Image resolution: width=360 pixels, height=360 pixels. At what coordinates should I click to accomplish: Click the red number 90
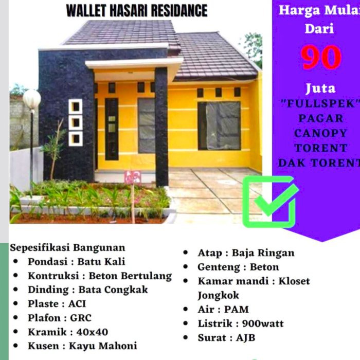tap(321, 58)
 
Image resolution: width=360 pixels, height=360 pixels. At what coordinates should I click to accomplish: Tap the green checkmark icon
tap(271, 202)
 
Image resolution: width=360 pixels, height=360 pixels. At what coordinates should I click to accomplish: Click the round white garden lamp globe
tap(31, 99)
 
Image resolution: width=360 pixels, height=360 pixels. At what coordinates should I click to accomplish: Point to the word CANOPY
tap(320, 133)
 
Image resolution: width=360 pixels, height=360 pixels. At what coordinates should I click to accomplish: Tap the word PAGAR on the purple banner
tap(320, 118)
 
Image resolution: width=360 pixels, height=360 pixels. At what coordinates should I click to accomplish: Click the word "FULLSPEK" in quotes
tap(320, 103)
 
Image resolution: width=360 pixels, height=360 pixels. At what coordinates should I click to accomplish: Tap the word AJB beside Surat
tap(246, 338)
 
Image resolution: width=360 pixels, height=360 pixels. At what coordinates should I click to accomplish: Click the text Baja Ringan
tap(263, 253)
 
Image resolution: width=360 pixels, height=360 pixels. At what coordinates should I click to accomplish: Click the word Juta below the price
tap(320, 88)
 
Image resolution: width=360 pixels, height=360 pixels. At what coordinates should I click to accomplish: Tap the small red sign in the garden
tap(133, 177)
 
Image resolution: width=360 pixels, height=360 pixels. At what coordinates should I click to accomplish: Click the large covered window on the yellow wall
tap(219, 125)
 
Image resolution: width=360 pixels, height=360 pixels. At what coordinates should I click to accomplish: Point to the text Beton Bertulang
tap(130, 276)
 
